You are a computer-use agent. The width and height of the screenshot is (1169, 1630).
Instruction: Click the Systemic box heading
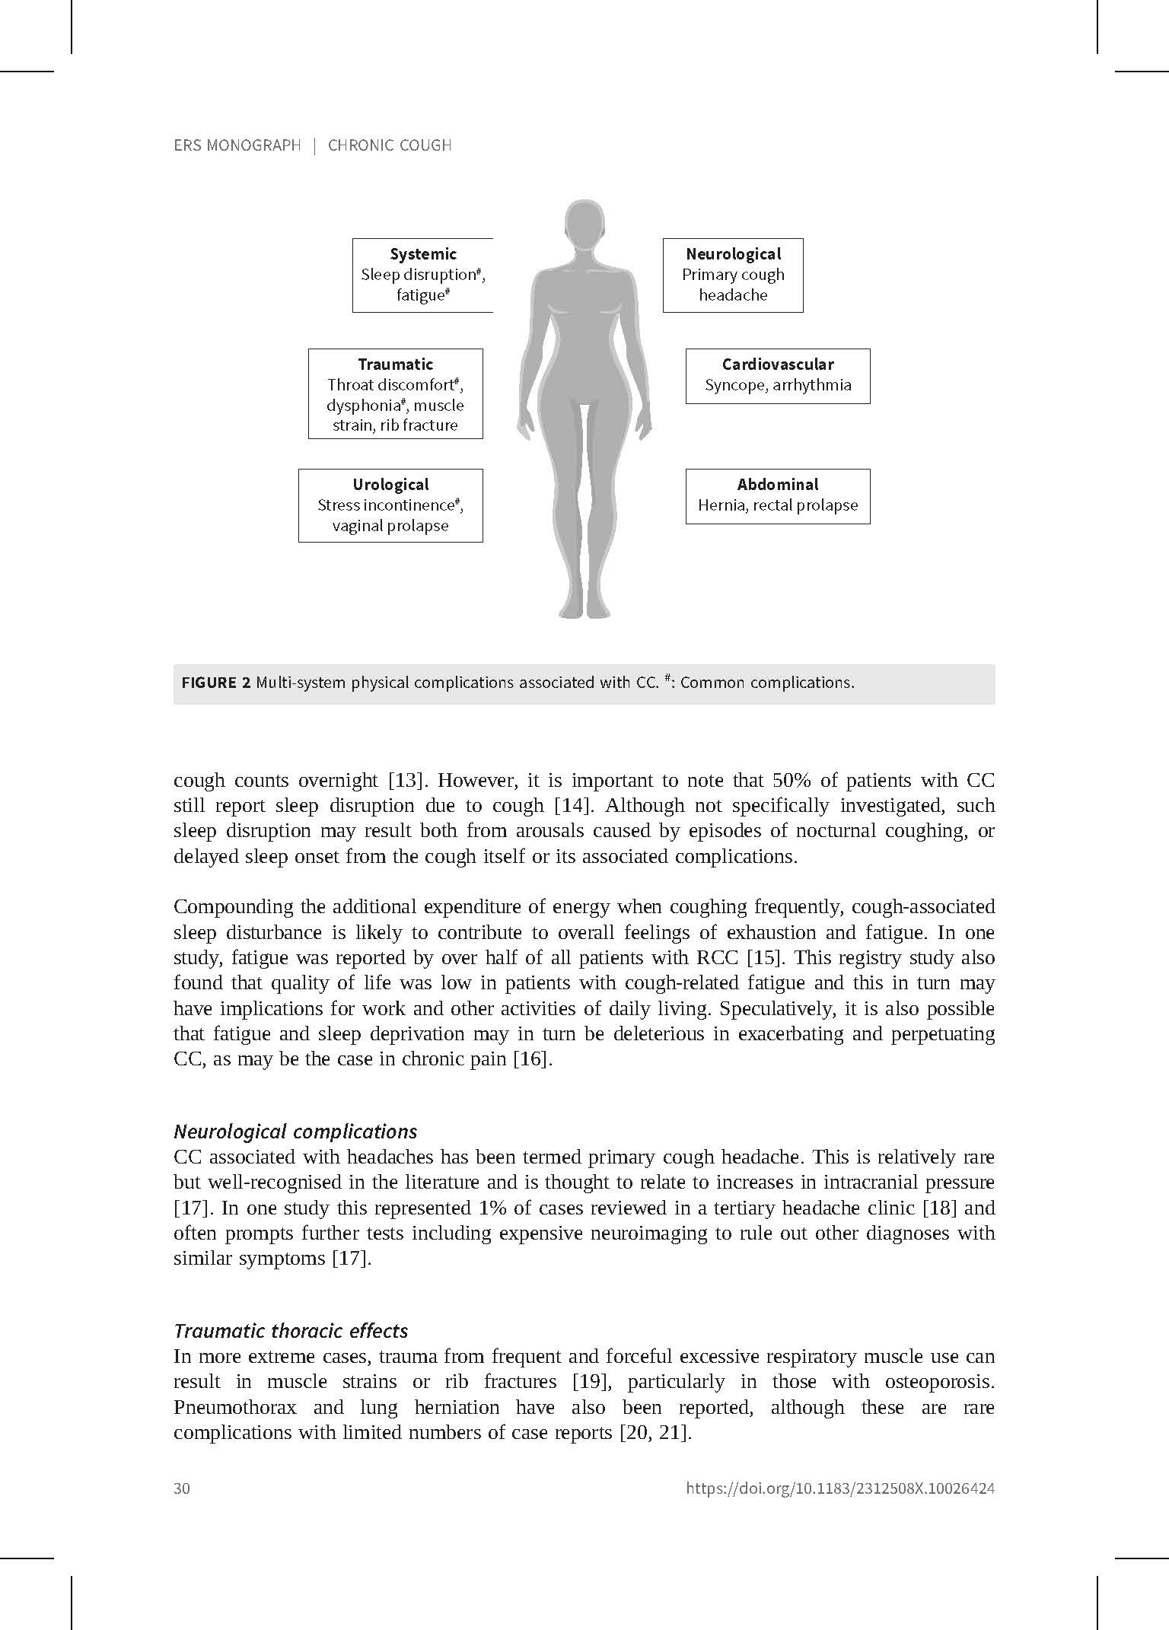tap(423, 254)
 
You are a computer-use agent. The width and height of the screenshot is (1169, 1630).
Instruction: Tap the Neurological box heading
tap(733, 254)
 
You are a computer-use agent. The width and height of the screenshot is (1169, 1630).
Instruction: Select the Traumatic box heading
tap(395, 365)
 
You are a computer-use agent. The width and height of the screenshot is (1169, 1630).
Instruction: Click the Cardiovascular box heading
tap(777, 365)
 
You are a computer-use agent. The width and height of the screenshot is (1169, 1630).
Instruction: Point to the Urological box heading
tap(390, 485)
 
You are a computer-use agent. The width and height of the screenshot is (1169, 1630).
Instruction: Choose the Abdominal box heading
tap(777, 485)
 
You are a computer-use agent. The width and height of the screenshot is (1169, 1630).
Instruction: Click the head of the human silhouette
tap(584, 226)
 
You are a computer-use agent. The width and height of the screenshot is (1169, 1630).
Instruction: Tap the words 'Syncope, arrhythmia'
tap(777, 385)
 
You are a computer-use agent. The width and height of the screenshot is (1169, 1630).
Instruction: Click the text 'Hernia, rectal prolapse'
tap(777, 505)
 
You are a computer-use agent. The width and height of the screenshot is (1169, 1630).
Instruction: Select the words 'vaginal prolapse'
tap(390, 526)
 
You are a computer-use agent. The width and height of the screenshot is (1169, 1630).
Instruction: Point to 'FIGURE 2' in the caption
tap(215, 683)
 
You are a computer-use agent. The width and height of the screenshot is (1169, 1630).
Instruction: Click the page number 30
tap(182, 1488)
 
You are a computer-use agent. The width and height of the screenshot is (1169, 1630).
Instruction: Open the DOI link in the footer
tap(840, 1488)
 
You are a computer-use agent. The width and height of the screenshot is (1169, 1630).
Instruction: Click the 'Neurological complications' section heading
tap(295, 1132)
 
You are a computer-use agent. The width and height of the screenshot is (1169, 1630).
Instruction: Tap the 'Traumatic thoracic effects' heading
tap(291, 1331)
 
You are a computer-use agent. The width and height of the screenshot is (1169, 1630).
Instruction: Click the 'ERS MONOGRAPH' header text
tap(237, 145)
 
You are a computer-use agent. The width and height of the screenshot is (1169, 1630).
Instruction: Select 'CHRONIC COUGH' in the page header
tap(390, 145)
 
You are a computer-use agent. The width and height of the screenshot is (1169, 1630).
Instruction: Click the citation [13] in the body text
tap(405, 781)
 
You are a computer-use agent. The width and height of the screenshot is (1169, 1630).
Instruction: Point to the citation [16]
tap(531, 1059)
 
